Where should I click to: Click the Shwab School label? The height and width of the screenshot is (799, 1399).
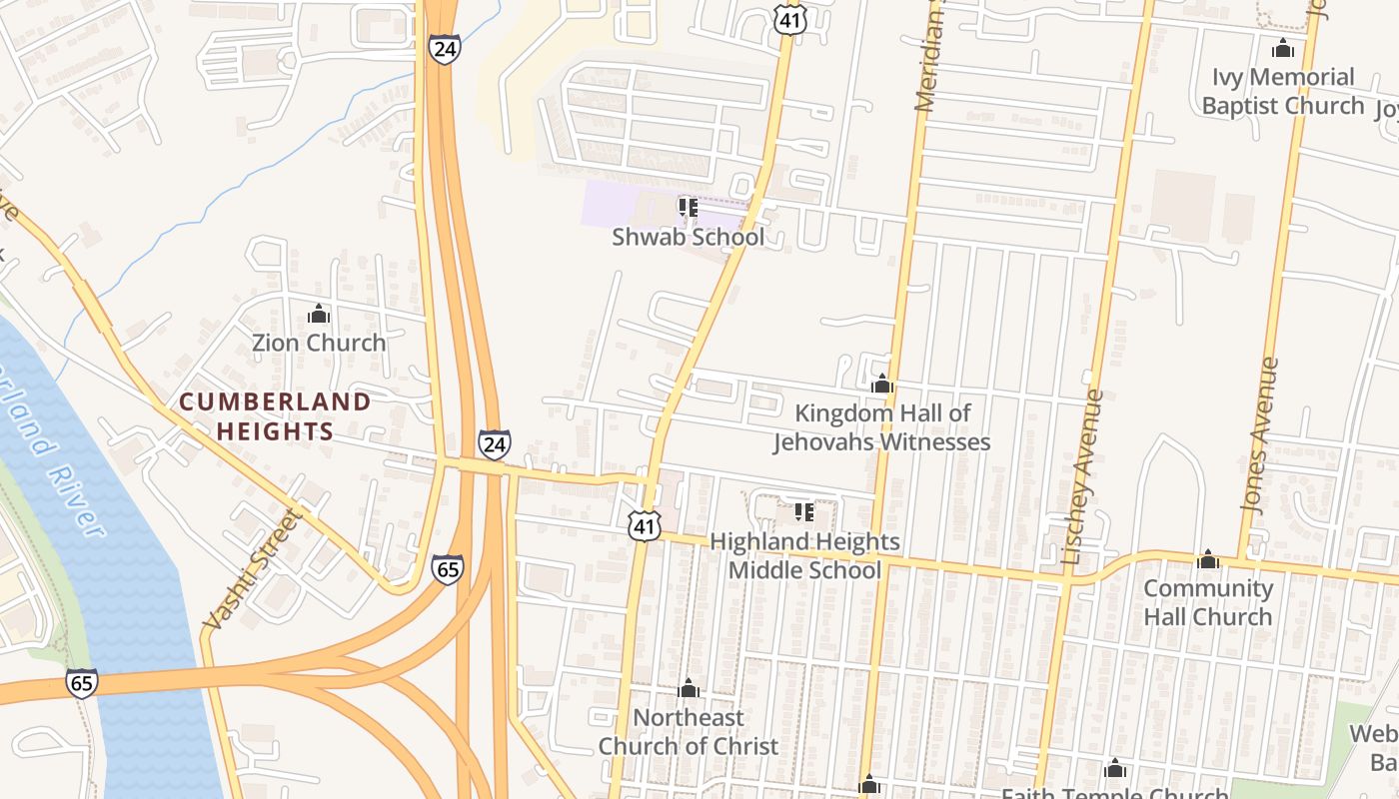688,237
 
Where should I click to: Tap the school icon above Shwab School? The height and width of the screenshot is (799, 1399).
688,207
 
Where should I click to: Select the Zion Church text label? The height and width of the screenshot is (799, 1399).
319,343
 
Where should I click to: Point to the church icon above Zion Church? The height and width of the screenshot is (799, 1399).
319,314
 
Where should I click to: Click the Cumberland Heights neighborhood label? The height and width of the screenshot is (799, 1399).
275,416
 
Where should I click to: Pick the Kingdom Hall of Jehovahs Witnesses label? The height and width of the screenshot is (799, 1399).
882,427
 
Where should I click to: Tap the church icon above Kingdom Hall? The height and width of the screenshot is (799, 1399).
881,384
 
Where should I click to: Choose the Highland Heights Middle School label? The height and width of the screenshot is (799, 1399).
804,555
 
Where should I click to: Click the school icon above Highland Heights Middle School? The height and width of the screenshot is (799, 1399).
804,512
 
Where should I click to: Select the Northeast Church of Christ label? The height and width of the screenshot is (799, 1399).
689,731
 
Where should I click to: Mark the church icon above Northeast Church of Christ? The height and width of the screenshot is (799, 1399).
688,688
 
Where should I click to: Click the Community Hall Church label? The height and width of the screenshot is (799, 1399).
1208,602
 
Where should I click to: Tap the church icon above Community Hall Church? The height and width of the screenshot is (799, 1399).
1208,558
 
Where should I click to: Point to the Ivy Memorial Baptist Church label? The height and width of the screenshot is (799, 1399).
1283,91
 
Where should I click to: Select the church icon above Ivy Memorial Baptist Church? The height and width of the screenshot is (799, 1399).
1283,47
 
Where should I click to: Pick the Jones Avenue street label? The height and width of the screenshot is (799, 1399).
1260,434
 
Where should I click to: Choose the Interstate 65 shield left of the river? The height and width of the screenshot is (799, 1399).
83,683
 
